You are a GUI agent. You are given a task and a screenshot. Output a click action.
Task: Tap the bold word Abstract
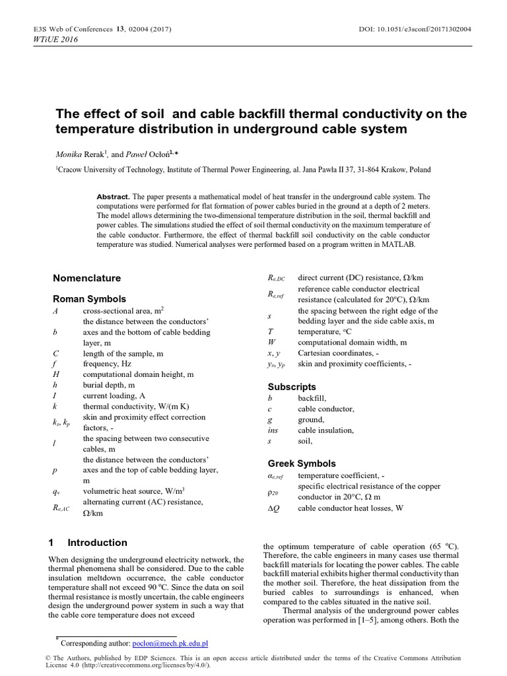(x=113, y=197)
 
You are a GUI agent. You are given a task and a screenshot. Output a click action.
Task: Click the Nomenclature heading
(x=86, y=279)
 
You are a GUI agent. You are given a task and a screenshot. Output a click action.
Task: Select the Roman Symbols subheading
(x=89, y=299)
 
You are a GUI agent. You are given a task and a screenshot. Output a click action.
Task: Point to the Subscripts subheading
(x=292, y=387)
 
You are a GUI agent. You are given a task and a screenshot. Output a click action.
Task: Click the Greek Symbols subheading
(x=302, y=463)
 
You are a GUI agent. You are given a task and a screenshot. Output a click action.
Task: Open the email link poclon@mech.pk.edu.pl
(x=170, y=642)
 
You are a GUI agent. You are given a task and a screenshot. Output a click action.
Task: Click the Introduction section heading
(x=97, y=543)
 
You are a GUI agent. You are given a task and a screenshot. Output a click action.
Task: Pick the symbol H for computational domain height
(x=56, y=374)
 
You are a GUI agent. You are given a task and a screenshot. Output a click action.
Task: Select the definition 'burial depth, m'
(x=109, y=385)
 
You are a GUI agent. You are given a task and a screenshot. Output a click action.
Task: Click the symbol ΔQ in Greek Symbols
(x=274, y=508)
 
